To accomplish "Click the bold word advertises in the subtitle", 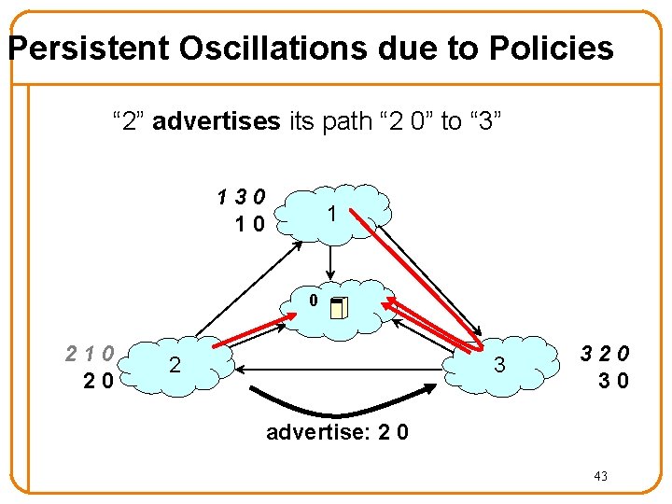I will (216, 121).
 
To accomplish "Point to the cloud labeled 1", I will (332, 215).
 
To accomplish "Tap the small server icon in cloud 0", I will (338, 307).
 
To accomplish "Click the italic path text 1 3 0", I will (241, 197).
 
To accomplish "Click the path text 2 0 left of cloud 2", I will (97, 380).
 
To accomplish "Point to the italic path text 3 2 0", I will (605, 354).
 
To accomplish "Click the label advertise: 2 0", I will (337, 433).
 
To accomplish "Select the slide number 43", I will (600, 477).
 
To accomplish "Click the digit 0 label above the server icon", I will (315, 301).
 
